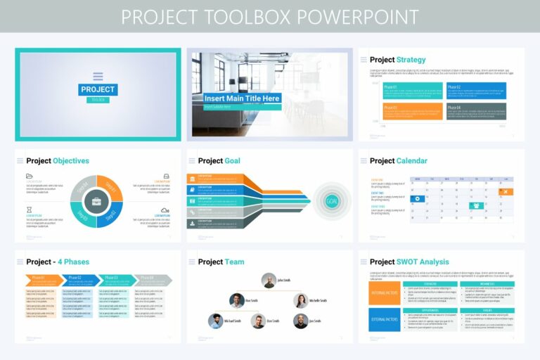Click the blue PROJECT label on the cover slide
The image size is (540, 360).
(x=98, y=89)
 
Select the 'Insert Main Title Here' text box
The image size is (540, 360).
(x=242, y=98)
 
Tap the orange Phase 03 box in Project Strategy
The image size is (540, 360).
(x=413, y=110)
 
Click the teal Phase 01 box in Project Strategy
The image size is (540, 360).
(x=413, y=90)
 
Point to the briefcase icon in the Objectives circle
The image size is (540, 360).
(x=96, y=201)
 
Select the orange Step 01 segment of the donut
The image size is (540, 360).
(x=111, y=187)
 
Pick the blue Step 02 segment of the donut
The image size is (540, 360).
(x=111, y=215)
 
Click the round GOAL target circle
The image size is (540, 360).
(x=332, y=201)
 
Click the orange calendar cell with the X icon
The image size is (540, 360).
(x=504, y=191)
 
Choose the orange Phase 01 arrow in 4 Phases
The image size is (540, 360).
(x=40, y=279)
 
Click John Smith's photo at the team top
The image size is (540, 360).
(x=269, y=281)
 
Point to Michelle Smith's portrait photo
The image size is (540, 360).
(x=300, y=301)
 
